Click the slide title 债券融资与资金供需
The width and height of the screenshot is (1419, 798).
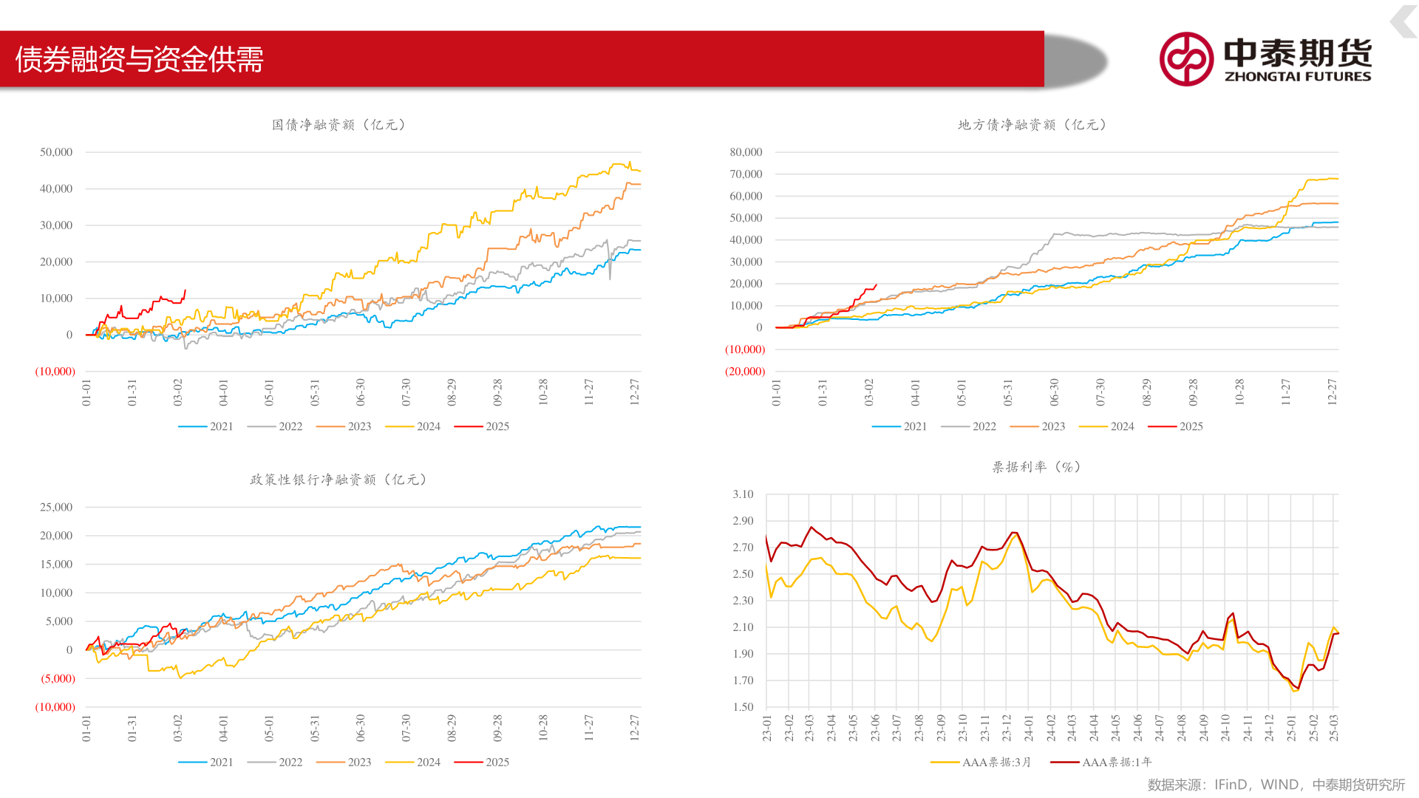coord(140,59)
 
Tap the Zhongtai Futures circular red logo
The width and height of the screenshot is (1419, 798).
coord(1186,59)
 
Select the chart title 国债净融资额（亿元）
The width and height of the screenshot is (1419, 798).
coord(338,125)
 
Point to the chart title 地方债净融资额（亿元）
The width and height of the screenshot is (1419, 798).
coord(1032,125)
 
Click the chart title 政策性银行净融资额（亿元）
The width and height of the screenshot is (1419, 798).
coord(338,480)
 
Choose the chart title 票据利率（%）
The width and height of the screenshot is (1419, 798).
coord(1036,467)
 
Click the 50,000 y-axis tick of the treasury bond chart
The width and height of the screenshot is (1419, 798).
coord(56,152)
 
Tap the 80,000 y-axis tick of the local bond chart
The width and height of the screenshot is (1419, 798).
coord(746,152)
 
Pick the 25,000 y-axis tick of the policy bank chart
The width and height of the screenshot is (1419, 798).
coord(56,507)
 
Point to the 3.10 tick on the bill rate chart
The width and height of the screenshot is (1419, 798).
coord(743,494)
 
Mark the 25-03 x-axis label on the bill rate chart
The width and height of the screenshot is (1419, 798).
coord(1334,728)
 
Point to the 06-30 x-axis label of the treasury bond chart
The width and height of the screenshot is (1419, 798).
coord(361,392)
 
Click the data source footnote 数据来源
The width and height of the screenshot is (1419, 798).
coord(1276,785)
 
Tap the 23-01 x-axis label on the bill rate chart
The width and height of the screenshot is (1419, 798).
coord(767,728)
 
